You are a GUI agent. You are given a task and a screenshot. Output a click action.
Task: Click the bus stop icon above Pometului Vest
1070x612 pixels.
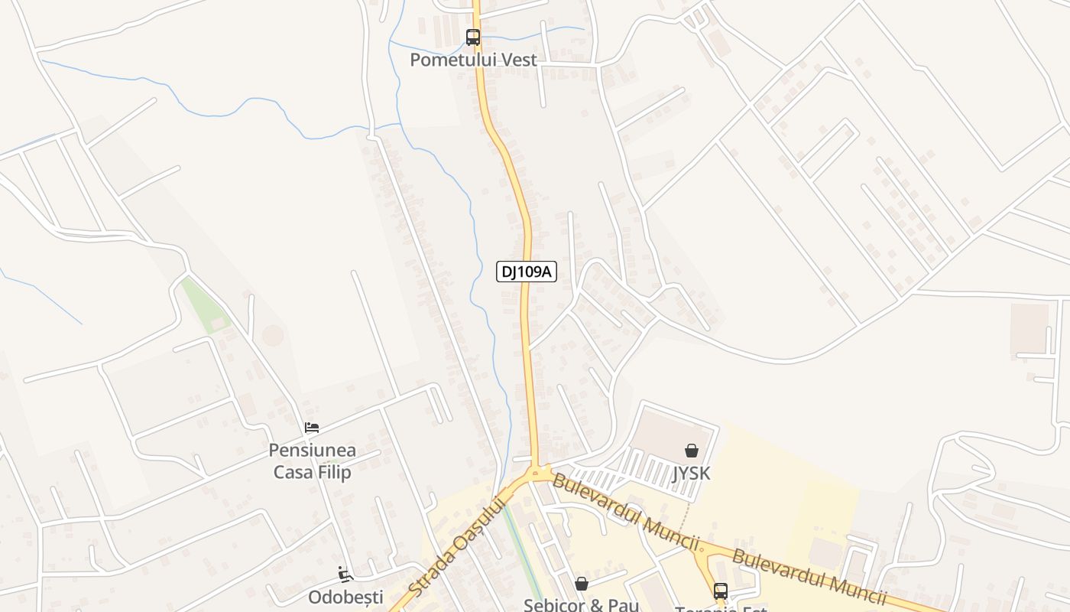[x=473, y=37]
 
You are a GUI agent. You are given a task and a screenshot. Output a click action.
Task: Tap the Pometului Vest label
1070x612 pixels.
[x=473, y=60]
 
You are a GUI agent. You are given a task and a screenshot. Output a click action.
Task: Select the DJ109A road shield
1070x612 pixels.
[x=526, y=271]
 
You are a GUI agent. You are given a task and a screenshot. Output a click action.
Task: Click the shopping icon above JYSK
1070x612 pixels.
[x=692, y=451]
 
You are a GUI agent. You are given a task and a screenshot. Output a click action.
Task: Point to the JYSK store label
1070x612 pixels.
[x=692, y=473]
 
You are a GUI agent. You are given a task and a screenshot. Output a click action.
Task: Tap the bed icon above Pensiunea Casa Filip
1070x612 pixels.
[x=312, y=427]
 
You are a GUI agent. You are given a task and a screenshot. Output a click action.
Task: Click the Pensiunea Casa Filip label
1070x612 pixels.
[x=312, y=461]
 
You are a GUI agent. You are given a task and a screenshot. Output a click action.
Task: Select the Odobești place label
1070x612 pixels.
[x=345, y=597]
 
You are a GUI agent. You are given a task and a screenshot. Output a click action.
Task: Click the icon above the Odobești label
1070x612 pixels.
[x=345, y=574]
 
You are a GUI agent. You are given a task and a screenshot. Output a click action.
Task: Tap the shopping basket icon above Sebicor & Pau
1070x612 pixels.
[x=582, y=584]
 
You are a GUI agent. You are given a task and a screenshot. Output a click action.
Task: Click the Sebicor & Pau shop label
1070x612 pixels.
[x=581, y=604]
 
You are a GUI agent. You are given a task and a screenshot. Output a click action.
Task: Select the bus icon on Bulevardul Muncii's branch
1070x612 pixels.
[x=721, y=591]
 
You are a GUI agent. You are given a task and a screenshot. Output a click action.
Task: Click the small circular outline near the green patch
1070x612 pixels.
[x=272, y=335]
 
